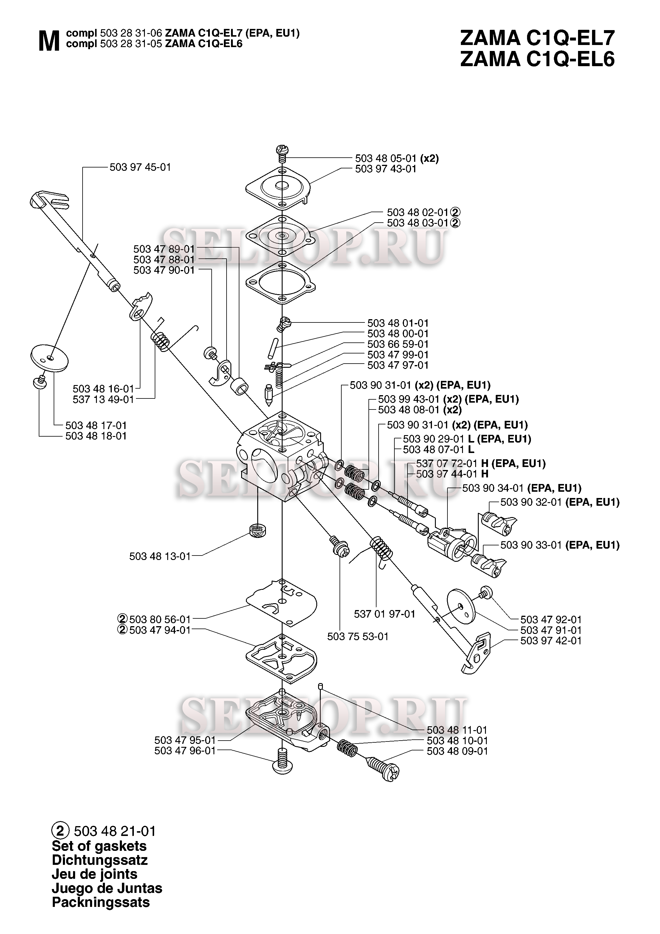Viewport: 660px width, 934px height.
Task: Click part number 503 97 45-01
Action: [140, 167]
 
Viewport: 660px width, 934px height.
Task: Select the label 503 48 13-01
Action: [160, 556]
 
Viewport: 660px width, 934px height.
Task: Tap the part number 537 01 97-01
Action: [385, 614]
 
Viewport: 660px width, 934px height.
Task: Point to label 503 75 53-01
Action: [358, 636]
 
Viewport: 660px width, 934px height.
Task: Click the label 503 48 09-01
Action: [457, 751]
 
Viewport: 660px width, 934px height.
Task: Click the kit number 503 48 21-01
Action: [115, 831]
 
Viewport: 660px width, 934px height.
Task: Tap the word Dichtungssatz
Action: [100, 860]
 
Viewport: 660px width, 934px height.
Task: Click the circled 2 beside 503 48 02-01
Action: [456, 212]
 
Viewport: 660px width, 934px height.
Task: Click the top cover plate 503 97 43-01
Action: [278, 187]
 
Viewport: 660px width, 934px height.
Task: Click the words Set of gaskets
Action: [99, 846]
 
